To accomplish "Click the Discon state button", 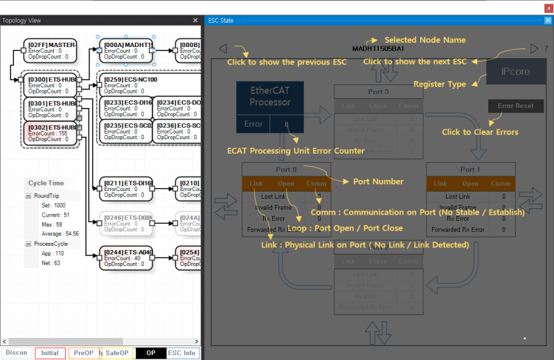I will point(17,352).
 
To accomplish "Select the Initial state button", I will point(50,352).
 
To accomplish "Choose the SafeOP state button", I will point(117,352).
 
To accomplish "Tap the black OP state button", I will point(150,352).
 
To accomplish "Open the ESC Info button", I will point(183,352).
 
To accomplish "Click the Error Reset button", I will point(515,107).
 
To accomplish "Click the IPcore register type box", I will point(515,72).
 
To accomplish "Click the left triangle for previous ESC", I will point(222,48).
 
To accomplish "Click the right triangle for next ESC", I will point(534,48).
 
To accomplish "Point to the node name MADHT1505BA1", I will point(378,49).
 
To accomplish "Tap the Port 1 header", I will point(470,170).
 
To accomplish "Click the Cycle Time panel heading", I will point(46,183).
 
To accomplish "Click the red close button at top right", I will point(548,8).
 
